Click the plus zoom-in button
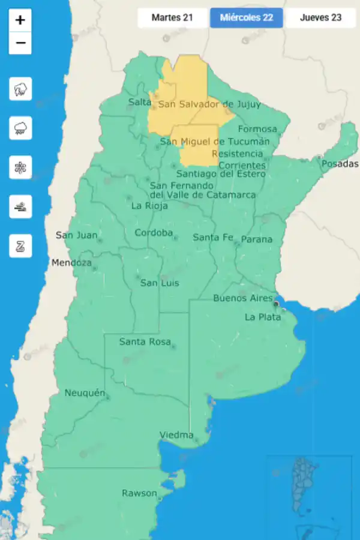(20, 20)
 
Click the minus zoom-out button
(20, 43)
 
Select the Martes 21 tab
(172, 17)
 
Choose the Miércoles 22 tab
(247, 17)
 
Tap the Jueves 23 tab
(320, 17)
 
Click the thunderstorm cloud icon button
(20, 89)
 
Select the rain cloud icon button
(20, 128)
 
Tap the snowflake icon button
(20, 167)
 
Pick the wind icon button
(20, 206)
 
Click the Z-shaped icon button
(20, 246)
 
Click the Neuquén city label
(85, 393)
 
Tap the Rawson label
(139, 493)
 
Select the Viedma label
(176, 434)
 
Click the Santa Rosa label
(144, 341)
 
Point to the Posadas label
(340, 164)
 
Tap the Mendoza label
(71, 263)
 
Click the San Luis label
(159, 283)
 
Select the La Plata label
(262, 317)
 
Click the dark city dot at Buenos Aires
(276, 304)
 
